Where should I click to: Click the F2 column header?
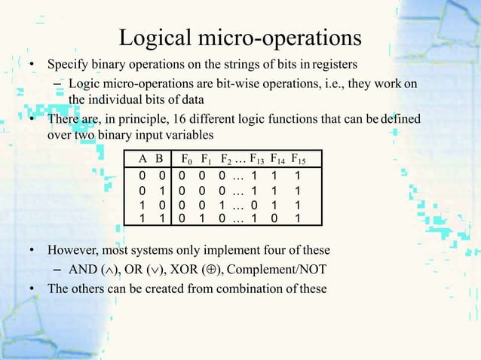(x=228, y=159)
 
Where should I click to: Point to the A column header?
(x=142, y=159)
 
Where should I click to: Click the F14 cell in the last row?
(x=277, y=218)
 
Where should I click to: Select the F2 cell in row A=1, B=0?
(x=222, y=205)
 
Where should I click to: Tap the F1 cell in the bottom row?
(x=201, y=218)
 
